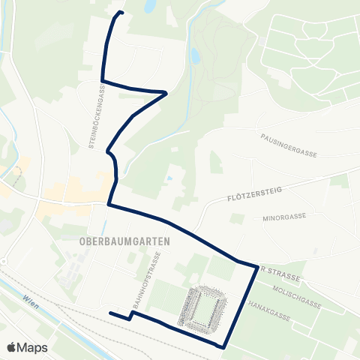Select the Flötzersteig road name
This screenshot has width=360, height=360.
(253, 196)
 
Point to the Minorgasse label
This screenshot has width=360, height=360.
(284, 216)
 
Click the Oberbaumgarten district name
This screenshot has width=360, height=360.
(124, 241)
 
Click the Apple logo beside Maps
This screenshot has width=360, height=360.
(11, 347)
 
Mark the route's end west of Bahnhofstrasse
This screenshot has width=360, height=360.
(110, 313)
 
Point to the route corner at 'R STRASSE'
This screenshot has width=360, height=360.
(257, 267)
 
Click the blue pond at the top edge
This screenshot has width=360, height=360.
(150, 7)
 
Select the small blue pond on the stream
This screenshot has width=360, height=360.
(195, 55)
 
